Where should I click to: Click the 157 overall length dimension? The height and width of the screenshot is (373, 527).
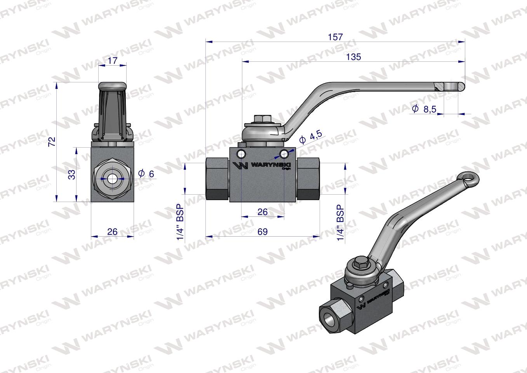tap(335, 37)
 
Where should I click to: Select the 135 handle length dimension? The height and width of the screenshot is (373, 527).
tap(353, 57)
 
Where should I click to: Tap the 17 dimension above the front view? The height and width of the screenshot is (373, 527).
tap(112, 61)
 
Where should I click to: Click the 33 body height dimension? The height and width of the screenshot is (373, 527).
tap(71, 175)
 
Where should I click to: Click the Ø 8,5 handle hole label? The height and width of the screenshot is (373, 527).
tap(424, 109)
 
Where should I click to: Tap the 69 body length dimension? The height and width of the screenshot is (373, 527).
tap(263, 232)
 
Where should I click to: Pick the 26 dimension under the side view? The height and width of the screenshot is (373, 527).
tap(263, 212)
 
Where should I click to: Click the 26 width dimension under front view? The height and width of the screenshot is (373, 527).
tap(112, 232)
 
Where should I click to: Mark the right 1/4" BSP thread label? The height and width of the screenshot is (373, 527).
tap(341, 223)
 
